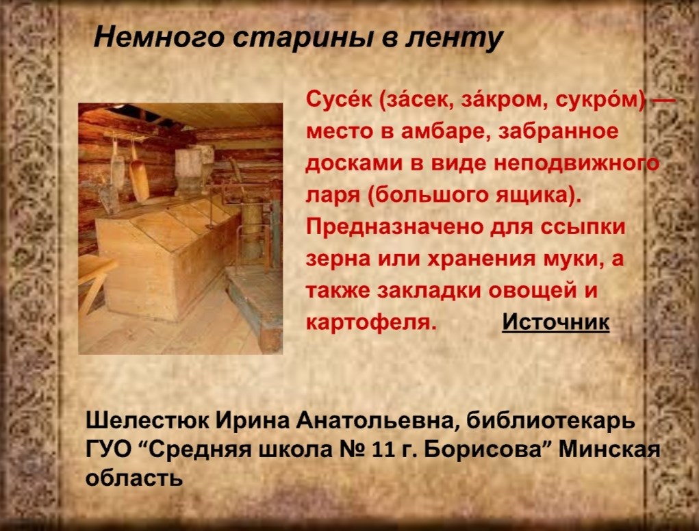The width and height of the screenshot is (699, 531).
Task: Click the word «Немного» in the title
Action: (x=159, y=38)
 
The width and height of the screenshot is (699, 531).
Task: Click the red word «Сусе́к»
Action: (x=339, y=101)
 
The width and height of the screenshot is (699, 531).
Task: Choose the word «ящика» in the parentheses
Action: (x=534, y=196)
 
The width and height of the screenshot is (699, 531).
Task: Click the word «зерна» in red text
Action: (x=338, y=259)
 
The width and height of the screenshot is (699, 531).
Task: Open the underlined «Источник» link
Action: (x=555, y=322)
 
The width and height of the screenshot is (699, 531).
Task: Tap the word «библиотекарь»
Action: (x=550, y=420)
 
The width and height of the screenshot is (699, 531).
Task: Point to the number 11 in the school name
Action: (x=383, y=450)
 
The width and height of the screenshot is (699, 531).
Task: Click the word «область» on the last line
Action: (x=134, y=478)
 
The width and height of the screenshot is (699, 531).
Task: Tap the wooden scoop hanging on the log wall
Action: (x=139, y=176)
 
